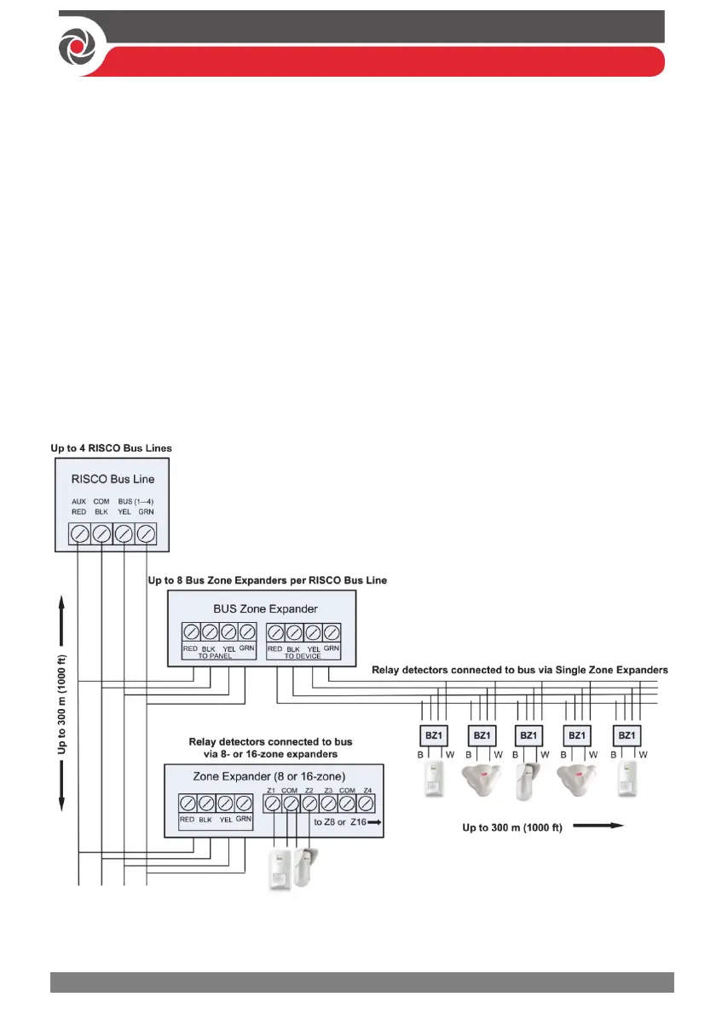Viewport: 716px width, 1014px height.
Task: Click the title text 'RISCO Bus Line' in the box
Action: pos(113,480)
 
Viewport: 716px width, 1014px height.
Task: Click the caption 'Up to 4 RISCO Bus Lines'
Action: pos(113,448)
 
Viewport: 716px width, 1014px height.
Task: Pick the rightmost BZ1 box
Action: pos(626,735)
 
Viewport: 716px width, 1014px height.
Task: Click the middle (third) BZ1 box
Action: pos(528,735)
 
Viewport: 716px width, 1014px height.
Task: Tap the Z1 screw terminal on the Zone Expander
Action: pos(272,802)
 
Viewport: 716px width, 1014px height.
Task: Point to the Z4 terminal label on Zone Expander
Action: pos(367,790)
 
